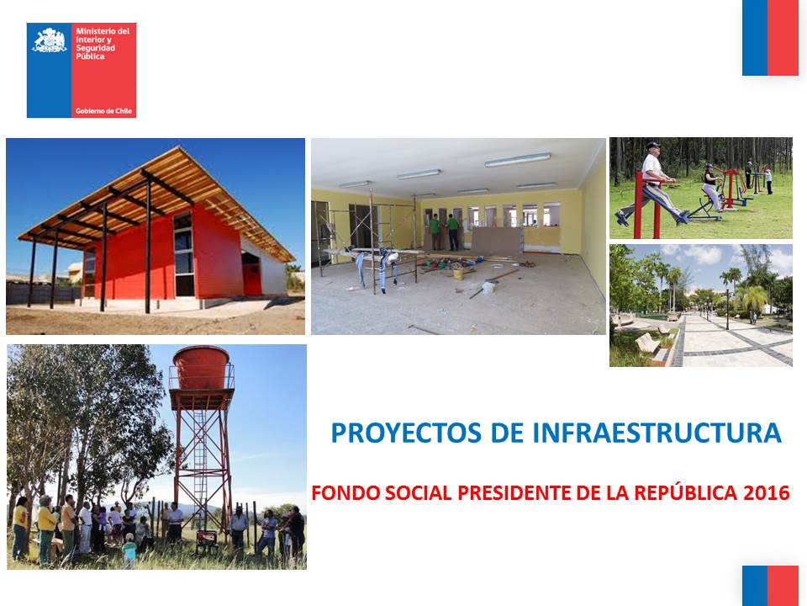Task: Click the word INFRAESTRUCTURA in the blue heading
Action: tap(657, 433)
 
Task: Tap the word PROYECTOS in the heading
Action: tap(406, 433)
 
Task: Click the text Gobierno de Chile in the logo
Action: tap(103, 111)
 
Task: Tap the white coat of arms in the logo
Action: tap(50, 40)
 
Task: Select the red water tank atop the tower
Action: tap(201, 367)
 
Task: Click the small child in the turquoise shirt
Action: tap(129, 550)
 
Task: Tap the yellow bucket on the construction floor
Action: tap(458, 274)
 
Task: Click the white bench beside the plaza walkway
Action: tap(647, 343)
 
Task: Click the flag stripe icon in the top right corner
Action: tap(770, 38)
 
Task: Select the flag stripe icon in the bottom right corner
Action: tap(770, 586)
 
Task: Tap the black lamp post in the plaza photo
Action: tap(727, 309)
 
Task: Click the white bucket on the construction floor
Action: tap(488, 287)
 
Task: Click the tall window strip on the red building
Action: tap(184, 256)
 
